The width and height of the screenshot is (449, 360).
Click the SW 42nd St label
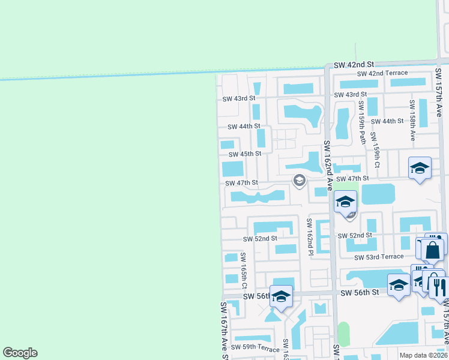click(354, 64)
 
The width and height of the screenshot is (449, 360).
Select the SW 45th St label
click(242, 154)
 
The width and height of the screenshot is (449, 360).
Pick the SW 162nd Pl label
click(310, 236)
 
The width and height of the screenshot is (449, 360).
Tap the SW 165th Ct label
click(244, 270)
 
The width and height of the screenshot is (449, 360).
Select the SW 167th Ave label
click(223, 330)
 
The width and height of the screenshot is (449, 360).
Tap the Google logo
click(20, 353)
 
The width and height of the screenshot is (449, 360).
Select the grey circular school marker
click(298, 180)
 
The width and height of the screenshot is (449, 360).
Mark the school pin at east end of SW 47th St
click(420, 169)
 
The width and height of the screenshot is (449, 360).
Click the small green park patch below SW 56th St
click(343, 334)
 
